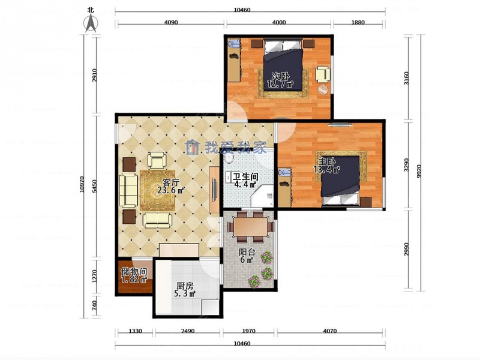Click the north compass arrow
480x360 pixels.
(x=91, y=23)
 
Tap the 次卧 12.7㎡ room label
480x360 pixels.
(x=280, y=80)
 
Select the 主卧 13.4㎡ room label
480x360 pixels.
(x=327, y=166)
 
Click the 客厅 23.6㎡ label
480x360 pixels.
(x=170, y=187)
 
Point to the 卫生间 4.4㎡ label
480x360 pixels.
(x=245, y=181)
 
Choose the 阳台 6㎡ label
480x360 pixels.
(x=247, y=256)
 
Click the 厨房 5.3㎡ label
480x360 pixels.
(x=185, y=290)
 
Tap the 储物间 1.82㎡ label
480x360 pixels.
(x=134, y=275)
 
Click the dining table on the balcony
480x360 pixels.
(x=251, y=227)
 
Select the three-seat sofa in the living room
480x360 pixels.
(x=128, y=190)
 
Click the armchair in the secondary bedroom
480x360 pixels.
(x=323, y=74)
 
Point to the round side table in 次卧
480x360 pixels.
(x=323, y=90)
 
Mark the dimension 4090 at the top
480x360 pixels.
(x=171, y=22)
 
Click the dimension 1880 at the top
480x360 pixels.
(x=358, y=22)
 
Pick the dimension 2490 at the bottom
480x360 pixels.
(x=187, y=331)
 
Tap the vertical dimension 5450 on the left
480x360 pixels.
(x=95, y=186)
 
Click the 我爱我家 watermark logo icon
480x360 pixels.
(x=192, y=148)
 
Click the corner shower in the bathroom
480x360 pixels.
(x=262, y=196)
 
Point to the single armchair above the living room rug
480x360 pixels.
(x=157, y=160)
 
